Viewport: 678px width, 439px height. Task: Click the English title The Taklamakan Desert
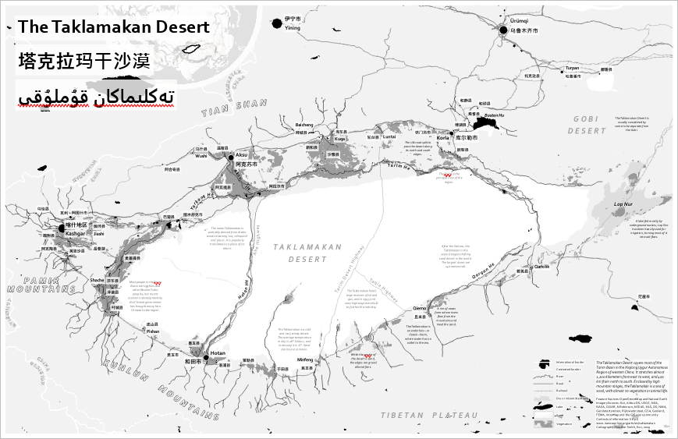114,27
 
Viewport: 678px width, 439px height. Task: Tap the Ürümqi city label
520,20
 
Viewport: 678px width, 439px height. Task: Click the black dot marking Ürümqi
504,30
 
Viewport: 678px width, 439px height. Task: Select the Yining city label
292,28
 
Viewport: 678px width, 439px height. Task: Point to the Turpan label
573,69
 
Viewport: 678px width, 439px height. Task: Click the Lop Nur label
624,204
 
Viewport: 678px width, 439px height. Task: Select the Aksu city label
241,155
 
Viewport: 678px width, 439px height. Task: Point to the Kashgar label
75,233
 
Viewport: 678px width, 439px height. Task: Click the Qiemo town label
419,308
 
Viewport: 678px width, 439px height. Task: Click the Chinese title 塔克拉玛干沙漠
83,62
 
